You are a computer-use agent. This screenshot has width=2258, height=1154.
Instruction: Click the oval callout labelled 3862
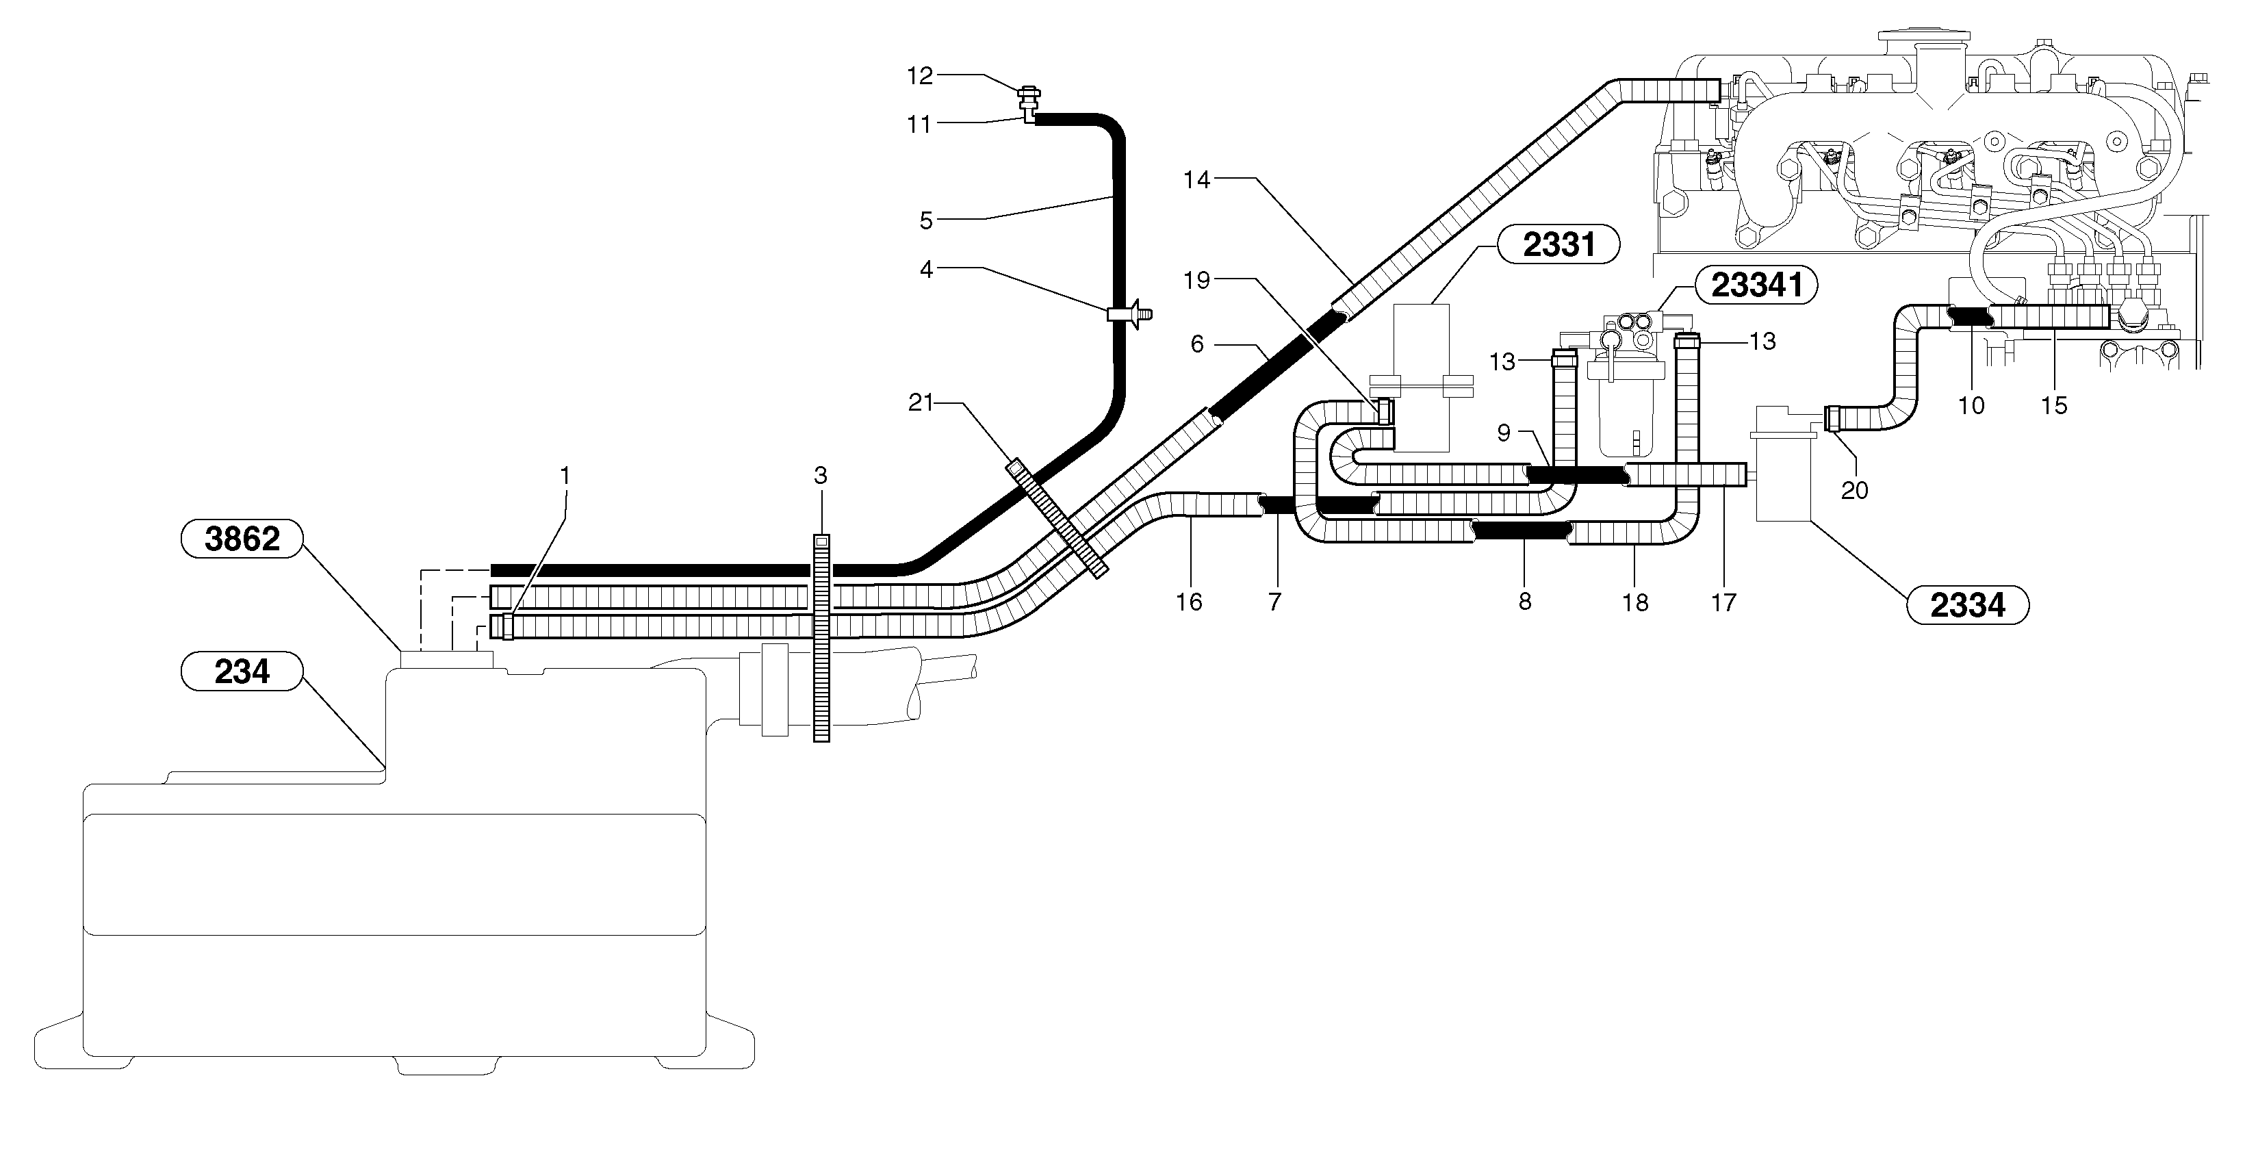[x=241, y=538]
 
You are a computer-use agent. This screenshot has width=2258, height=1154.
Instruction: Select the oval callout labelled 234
[x=241, y=672]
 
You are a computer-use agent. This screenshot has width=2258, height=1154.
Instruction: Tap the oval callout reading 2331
[x=1558, y=244]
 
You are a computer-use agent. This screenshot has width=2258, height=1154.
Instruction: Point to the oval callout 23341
[x=1756, y=285]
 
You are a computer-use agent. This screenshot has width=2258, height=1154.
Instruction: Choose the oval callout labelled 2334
[x=1967, y=604]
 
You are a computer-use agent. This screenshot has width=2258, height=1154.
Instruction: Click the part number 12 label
[x=919, y=76]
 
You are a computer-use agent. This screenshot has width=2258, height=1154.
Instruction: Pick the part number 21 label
[x=921, y=402]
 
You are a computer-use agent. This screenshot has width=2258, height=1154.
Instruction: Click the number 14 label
[x=1196, y=179]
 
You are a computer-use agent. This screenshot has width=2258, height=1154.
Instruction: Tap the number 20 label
[x=1854, y=490]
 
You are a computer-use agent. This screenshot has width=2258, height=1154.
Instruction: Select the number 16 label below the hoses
[x=1189, y=601]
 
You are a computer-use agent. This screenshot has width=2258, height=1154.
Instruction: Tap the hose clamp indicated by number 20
[x=1831, y=418]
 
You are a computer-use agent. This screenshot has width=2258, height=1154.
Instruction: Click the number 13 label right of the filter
[x=1762, y=341]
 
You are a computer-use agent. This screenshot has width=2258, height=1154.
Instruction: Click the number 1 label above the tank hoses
[x=565, y=475]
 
